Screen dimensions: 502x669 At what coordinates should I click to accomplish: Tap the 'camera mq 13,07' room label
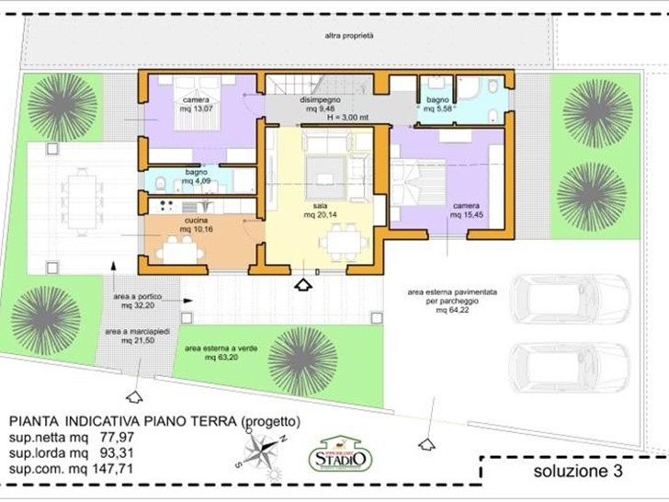coord(196,105)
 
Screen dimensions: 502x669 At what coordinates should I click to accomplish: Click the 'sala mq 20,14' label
coord(321,211)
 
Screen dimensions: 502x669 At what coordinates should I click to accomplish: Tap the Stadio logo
coord(342,454)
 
